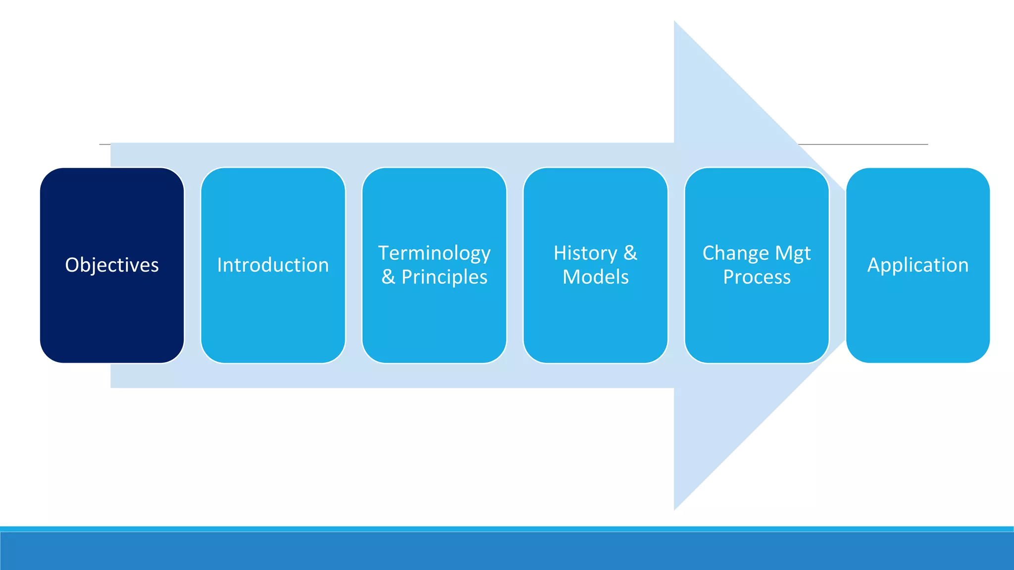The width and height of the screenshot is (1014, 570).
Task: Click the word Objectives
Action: coord(112,265)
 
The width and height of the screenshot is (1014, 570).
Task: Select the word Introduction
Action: coord(273,265)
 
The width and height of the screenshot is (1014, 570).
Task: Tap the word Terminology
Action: coord(434,253)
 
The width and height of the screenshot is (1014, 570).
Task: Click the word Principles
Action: coord(444,277)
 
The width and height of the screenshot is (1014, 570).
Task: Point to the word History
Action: coord(585,253)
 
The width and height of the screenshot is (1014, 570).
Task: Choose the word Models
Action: coord(596,277)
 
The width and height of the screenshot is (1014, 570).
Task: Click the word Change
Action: coord(735,253)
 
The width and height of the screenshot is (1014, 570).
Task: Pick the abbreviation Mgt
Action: coord(793,253)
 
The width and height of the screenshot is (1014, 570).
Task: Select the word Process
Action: coord(757,277)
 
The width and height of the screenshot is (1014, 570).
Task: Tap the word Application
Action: coord(917,265)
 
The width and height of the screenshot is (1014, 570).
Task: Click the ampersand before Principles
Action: coord(388,277)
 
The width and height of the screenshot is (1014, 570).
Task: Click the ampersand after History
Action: coord(630,253)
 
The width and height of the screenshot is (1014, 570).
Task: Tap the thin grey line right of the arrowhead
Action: coord(871,144)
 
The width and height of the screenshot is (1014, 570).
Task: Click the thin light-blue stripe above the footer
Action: coord(507,529)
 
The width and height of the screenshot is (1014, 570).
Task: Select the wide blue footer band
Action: coord(507,551)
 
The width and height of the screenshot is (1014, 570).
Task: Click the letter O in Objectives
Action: coord(72,265)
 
